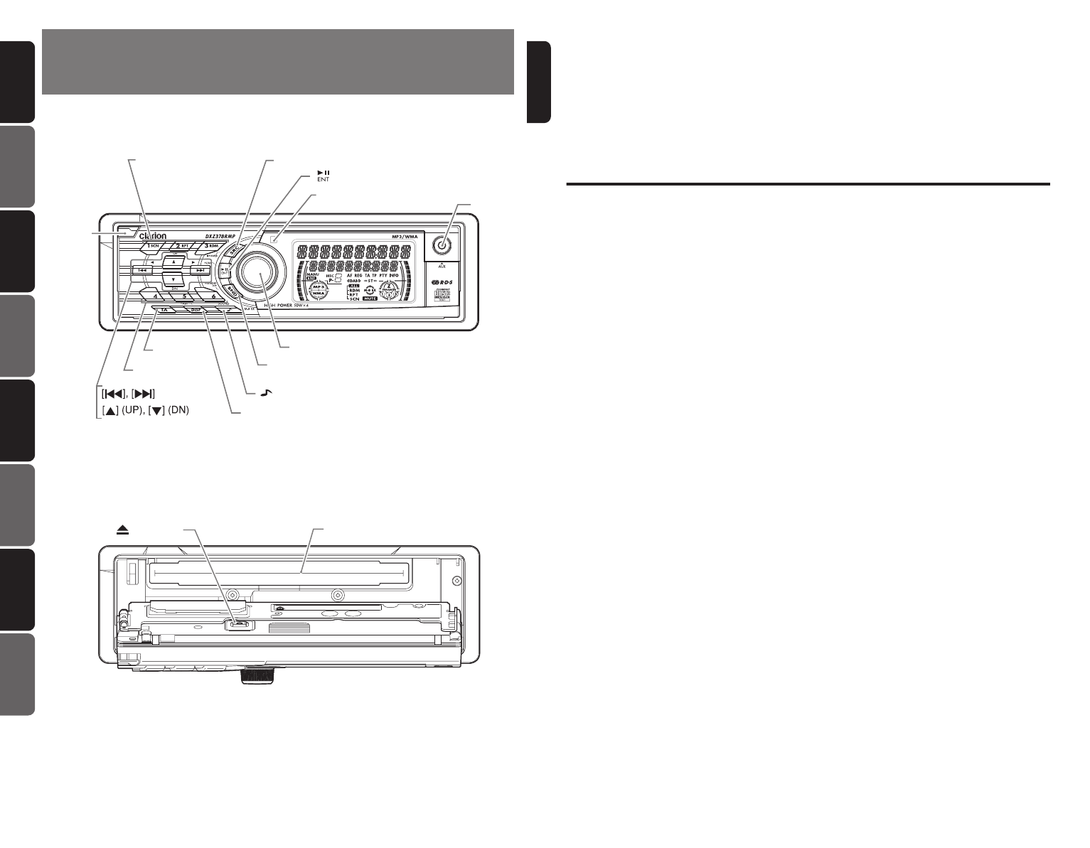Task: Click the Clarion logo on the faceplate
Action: point(153,235)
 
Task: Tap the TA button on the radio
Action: point(165,311)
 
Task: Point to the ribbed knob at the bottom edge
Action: point(257,676)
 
